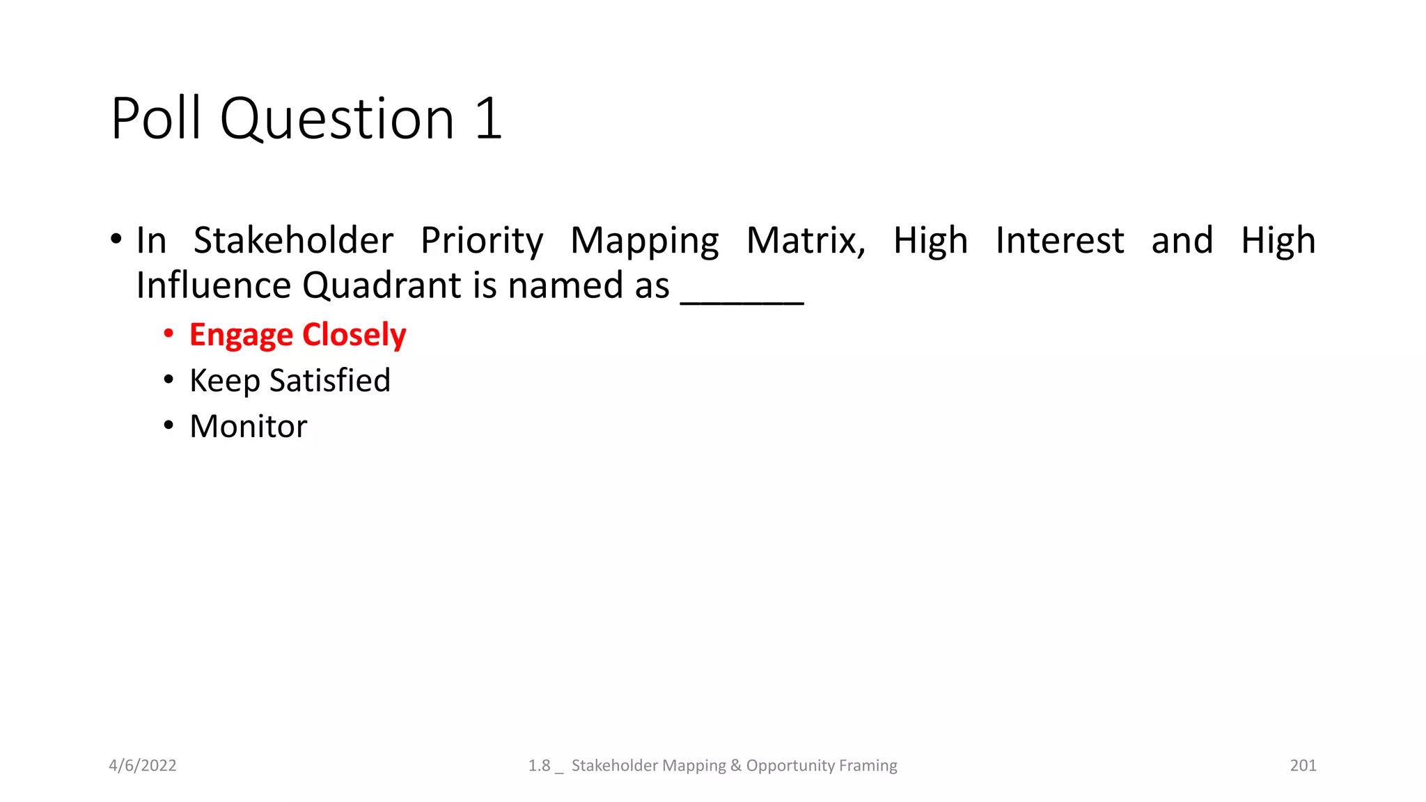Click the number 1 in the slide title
tap(489, 118)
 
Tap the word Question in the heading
tap(337, 120)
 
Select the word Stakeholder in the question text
tap(293, 241)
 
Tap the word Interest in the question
tap(1059, 241)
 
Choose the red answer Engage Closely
tap(297, 335)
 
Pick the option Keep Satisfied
tap(290, 381)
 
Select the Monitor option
tap(248, 426)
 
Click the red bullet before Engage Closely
tap(169, 334)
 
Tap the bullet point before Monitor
tap(169, 425)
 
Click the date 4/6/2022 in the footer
tap(143, 765)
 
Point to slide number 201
tap(1303, 765)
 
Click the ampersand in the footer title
tap(736, 765)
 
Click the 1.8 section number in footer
tap(539, 765)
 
